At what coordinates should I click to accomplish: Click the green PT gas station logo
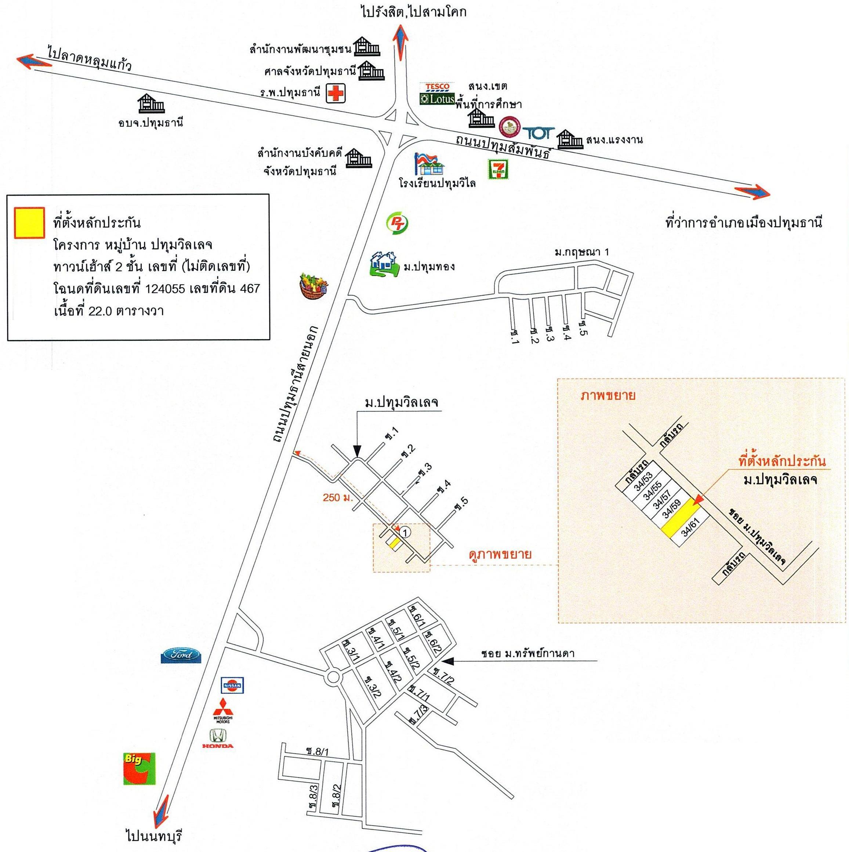click(x=396, y=223)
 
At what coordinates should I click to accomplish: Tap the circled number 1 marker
click(x=406, y=532)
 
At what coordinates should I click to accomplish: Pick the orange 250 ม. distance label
click(x=337, y=497)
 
